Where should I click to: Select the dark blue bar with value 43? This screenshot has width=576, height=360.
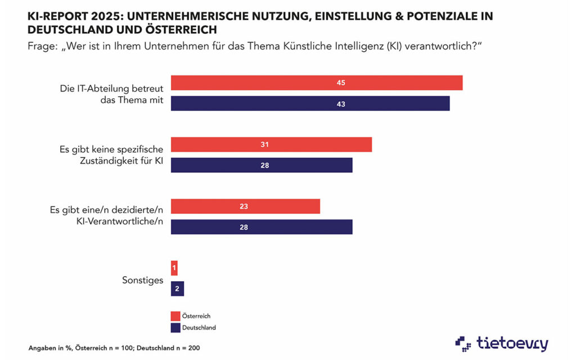coord(310,103)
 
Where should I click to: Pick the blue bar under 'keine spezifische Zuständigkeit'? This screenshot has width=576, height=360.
coord(261,165)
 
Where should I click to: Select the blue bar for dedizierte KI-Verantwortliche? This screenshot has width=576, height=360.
coord(261,227)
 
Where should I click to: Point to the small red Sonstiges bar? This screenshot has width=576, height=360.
coord(174,268)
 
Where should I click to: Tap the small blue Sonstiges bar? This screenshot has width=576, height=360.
coord(177,289)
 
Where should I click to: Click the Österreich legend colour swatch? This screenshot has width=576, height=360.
coord(174,316)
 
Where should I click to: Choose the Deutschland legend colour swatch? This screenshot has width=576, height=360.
coord(174,327)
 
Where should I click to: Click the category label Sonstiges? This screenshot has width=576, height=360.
coord(143,280)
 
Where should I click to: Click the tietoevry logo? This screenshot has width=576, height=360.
coord(502,342)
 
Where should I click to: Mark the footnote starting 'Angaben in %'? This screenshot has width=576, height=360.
coord(114,348)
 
